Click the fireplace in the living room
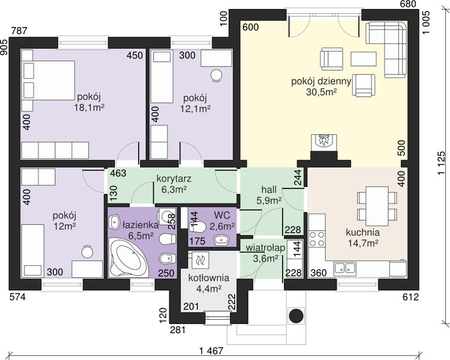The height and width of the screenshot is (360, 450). tap(324, 143)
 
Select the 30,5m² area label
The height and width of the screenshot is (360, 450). tap(322, 92)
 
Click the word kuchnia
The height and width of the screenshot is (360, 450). tap(363, 232)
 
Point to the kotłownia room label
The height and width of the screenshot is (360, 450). tap(209, 278)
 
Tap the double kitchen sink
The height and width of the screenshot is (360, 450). tap(345, 267)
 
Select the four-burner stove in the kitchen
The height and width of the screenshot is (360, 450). tap(317, 239)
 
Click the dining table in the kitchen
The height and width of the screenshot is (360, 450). tap(377, 206)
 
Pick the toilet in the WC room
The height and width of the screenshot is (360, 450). tap(197, 227)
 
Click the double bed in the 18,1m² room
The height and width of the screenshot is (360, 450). tap(49, 80)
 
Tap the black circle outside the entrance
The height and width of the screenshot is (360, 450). tap(296, 316)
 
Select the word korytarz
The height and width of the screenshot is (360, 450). tap(173, 179)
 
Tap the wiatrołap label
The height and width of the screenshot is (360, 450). tap(265, 248)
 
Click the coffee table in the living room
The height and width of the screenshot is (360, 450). tap(364, 59)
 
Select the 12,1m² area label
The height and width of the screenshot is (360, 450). tap(195, 109)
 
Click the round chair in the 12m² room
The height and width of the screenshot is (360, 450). tap(87, 252)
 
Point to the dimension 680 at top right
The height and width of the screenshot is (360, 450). tap(407, 4)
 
